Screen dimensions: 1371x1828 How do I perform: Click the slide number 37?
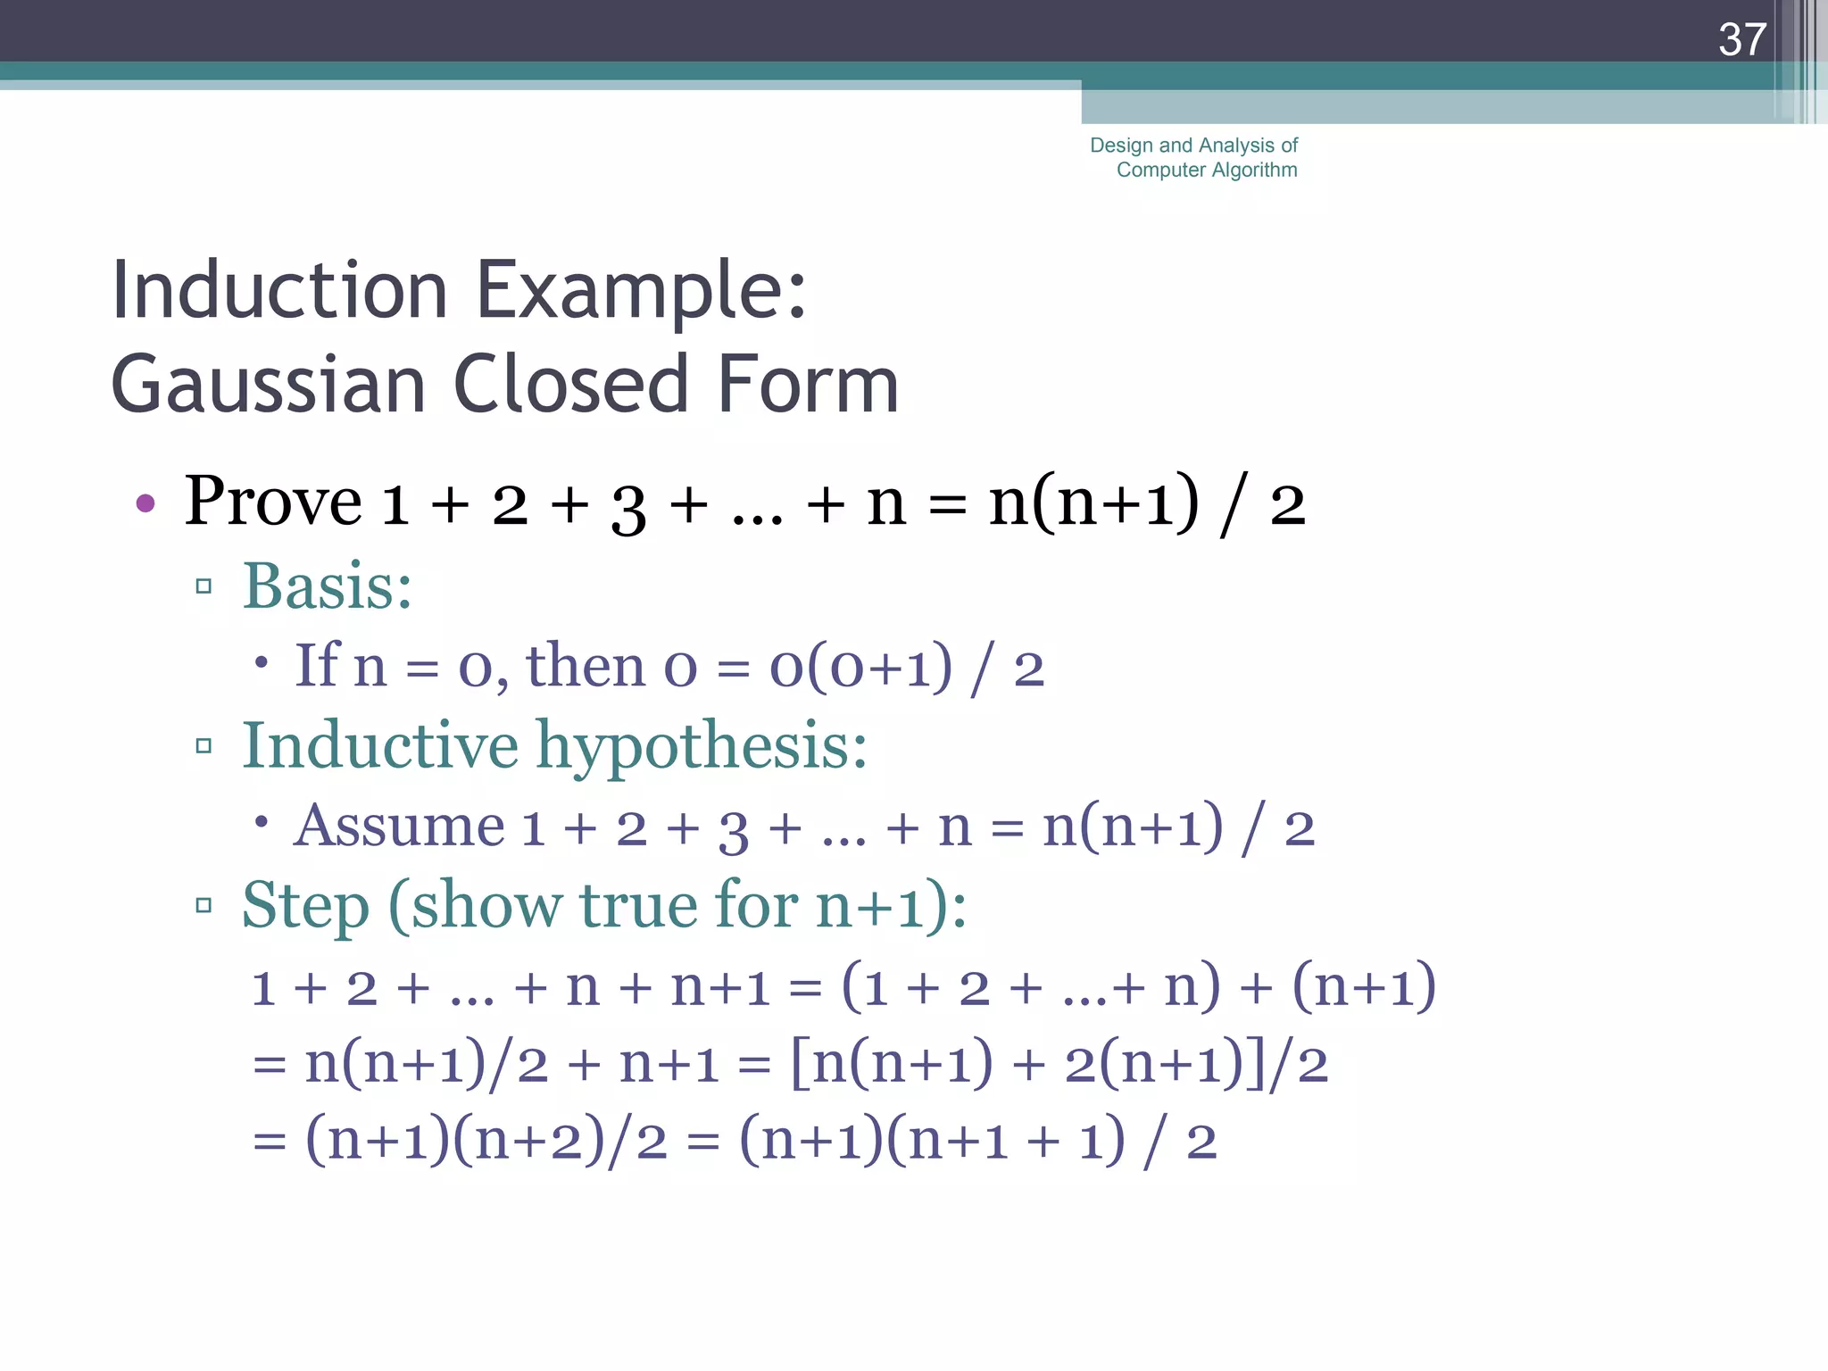1742,40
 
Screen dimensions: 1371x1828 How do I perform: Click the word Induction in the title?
278,290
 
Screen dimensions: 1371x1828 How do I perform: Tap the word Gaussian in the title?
268,385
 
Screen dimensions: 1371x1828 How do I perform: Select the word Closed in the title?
571,385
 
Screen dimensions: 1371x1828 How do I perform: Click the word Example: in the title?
641,292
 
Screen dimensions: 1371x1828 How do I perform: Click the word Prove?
272,502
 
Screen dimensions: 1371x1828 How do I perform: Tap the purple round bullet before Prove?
145,503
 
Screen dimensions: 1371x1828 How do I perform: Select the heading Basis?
328,587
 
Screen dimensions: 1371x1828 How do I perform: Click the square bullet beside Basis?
204,586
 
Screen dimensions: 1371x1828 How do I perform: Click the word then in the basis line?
585,666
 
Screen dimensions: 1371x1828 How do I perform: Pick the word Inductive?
380,745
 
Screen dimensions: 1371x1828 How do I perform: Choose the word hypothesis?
702,747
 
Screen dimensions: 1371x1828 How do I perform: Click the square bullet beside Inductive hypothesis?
204,745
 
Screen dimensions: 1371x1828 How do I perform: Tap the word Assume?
399,826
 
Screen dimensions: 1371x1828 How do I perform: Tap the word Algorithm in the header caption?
1255,170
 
